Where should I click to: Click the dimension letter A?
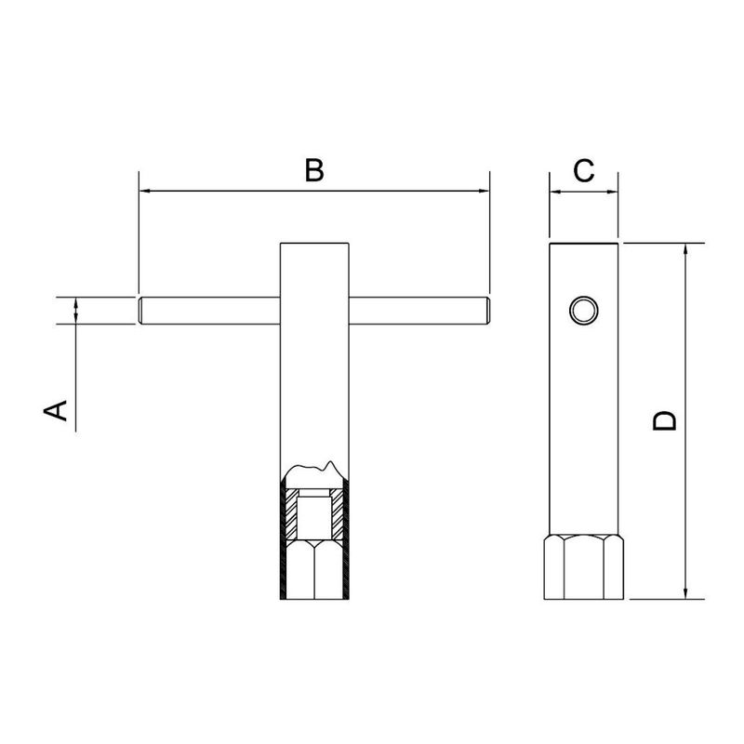coord(56,410)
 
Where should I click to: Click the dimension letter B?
coord(314,171)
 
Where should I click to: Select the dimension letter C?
coord(584,171)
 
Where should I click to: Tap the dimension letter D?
coord(664,421)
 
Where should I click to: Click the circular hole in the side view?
coord(584,311)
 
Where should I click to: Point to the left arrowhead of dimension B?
coord(145,191)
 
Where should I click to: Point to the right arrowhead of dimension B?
coord(484,191)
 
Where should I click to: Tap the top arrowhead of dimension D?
coord(685,249)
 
